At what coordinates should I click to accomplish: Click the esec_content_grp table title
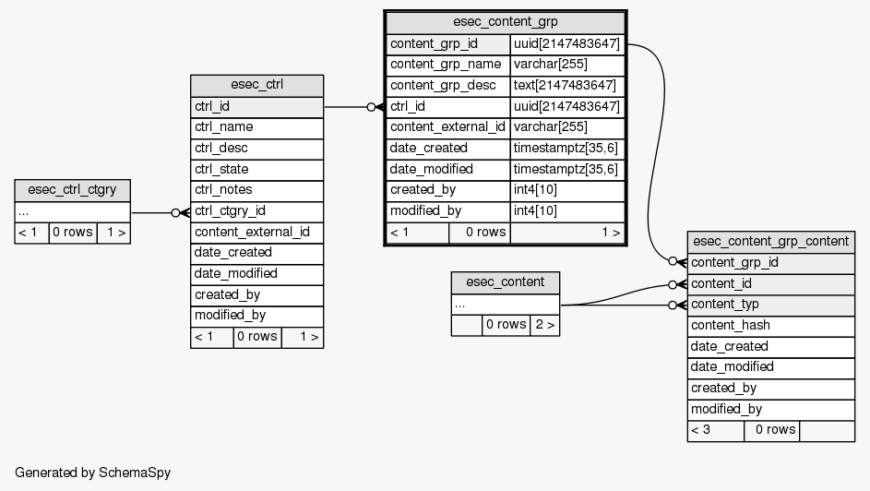tap(506, 22)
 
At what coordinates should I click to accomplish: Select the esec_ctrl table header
tap(256, 85)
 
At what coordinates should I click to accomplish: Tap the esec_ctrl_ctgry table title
tap(72, 190)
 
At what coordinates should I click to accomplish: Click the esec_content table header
tap(505, 282)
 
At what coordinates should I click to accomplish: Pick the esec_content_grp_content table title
tap(770, 241)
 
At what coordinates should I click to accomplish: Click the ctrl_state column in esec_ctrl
tap(256, 169)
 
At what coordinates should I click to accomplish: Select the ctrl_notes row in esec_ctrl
tap(256, 190)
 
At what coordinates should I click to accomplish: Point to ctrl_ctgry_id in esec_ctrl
tap(256, 211)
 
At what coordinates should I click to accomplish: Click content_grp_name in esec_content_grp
tap(447, 65)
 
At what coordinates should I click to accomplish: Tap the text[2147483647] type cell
tap(566, 86)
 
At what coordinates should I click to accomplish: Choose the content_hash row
tap(770, 325)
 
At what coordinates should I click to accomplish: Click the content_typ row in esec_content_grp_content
tap(770, 305)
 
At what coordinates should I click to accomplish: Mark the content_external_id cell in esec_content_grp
tap(447, 127)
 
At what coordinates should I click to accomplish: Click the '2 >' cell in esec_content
tap(544, 325)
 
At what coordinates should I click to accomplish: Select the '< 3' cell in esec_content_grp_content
tap(715, 430)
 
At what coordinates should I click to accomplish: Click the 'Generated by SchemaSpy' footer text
tap(93, 473)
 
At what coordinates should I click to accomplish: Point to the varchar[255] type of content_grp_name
tap(566, 65)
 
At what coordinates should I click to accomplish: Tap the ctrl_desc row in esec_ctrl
tap(256, 148)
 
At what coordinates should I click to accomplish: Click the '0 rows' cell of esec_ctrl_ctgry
tap(72, 233)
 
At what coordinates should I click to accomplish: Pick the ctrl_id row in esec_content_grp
tap(447, 107)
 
